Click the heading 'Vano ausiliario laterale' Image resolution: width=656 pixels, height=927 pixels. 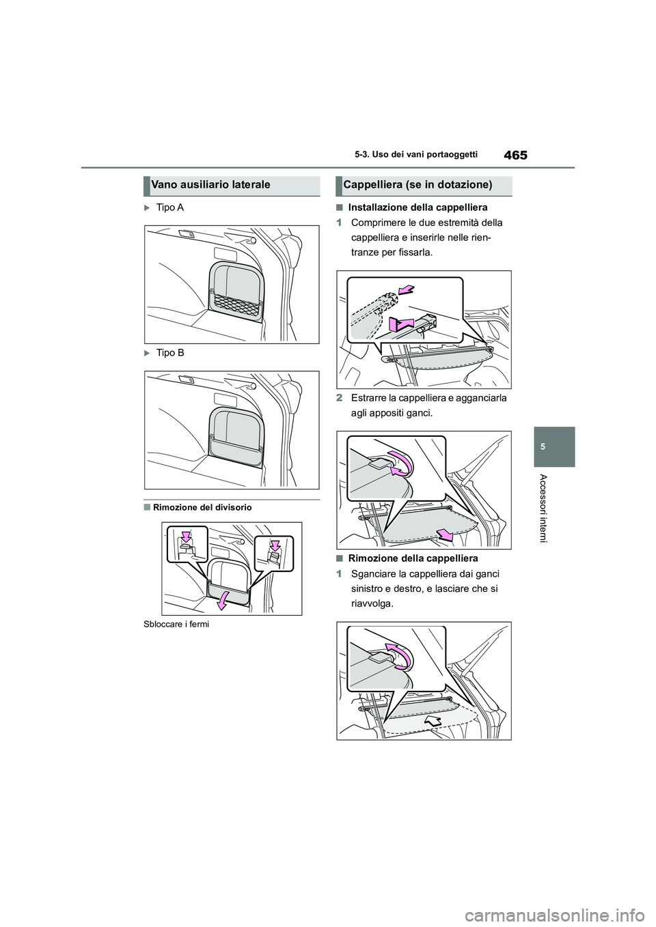point(202,184)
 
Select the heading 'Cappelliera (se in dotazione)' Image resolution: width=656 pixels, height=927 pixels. point(418,184)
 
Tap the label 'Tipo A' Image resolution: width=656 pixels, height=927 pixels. point(170,207)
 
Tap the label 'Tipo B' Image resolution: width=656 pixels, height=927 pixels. point(170,352)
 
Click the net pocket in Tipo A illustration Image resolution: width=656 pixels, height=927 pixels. point(236,302)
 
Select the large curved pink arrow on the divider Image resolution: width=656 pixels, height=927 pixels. point(223,599)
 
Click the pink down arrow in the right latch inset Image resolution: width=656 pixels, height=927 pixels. point(275,544)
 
